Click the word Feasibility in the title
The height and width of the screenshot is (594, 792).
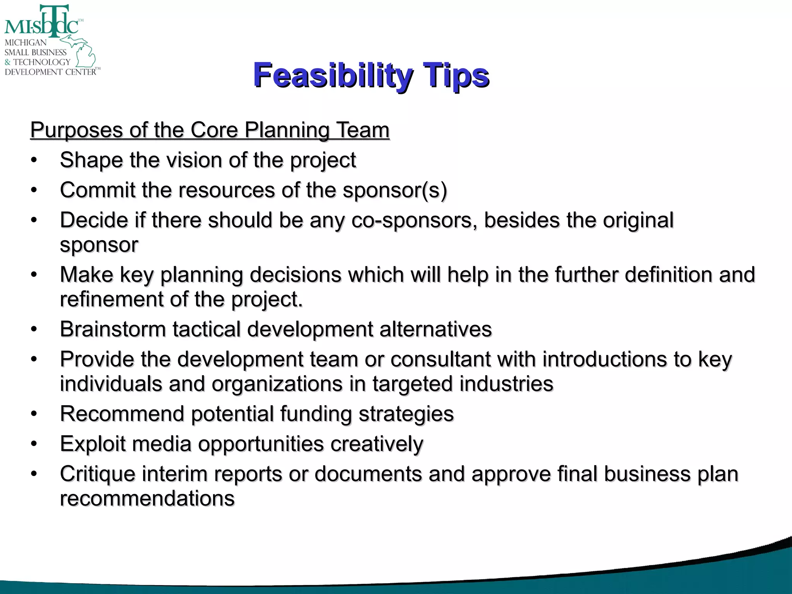click(x=333, y=75)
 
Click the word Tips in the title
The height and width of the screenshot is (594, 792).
click(x=456, y=75)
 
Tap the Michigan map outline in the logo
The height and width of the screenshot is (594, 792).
click(x=83, y=52)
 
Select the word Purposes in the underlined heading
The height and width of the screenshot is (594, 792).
click(x=76, y=130)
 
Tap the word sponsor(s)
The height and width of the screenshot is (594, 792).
click(x=395, y=190)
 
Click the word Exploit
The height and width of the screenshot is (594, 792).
click(x=93, y=444)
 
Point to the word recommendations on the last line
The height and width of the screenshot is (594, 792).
click(x=147, y=498)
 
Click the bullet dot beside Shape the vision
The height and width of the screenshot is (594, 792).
click(x=34, y=160)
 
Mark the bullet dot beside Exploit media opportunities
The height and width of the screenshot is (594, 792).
click(x=34, y=444)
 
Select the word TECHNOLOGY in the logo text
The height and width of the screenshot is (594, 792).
click(x=42, y=62)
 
